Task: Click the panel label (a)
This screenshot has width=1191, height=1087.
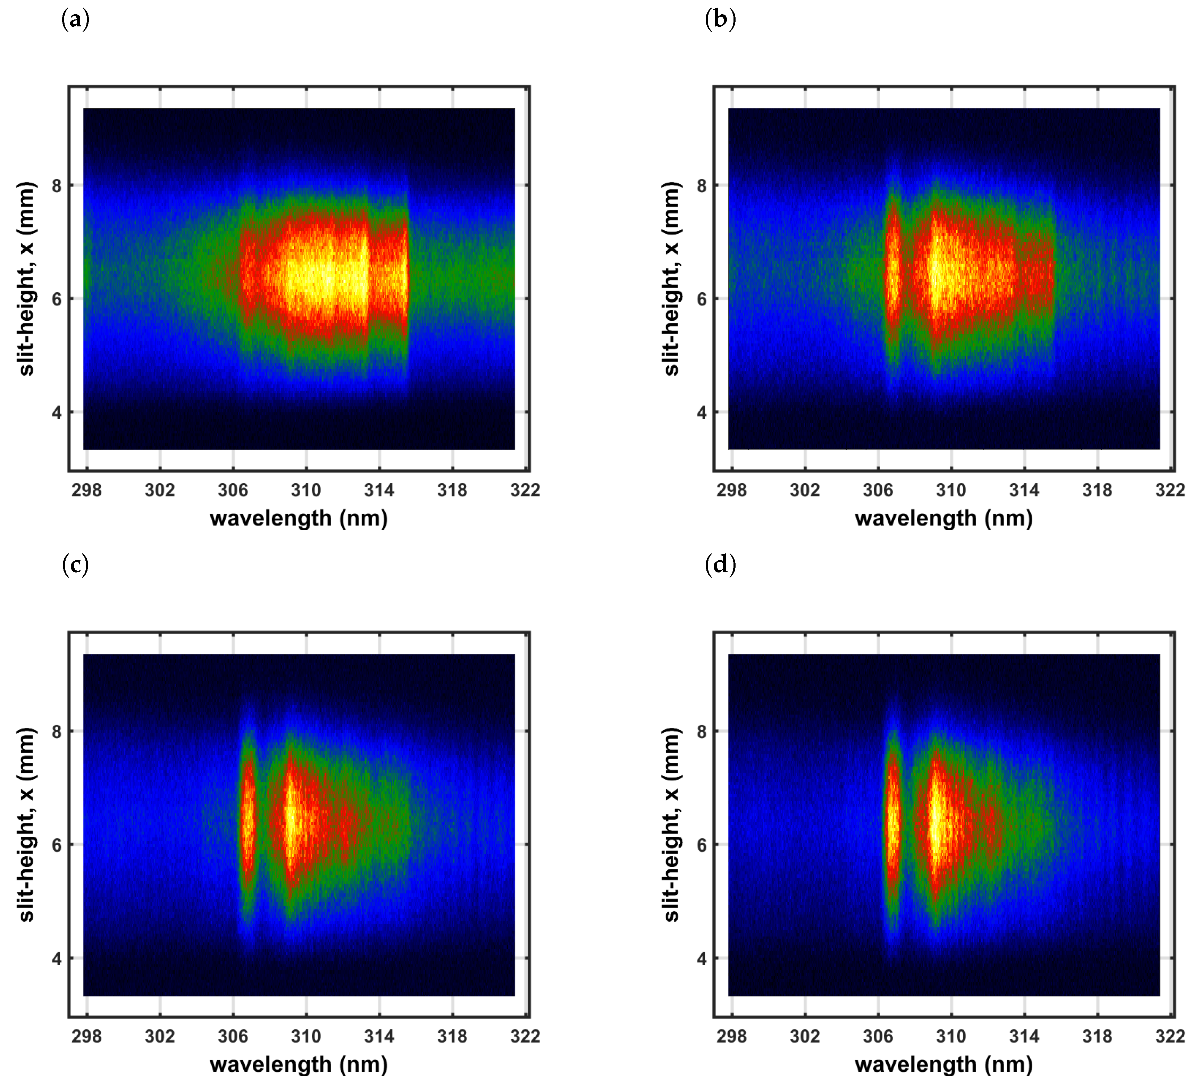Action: click(x=76, y=19)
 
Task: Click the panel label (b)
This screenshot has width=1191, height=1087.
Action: click(x=720, y=19)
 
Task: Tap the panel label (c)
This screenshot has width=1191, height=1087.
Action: click(x=76, y=565)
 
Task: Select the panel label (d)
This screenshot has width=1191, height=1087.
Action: click(x=720, y=565)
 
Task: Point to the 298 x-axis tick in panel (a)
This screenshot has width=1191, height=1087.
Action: click(x=87, y=490)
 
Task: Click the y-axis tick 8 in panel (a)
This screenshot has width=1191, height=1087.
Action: click(x=57, y=185)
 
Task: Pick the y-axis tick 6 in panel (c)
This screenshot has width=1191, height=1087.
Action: click(x=57, y=845)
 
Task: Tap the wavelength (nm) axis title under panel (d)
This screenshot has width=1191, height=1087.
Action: click(x=943, y=1064)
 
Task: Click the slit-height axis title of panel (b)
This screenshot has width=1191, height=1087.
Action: click(x=672, y=279)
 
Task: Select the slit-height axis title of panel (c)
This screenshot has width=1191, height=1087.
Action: click(x=27, y=825)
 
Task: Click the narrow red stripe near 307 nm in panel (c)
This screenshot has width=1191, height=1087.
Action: click(x=248, y=821)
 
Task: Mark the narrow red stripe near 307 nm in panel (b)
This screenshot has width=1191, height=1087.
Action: click(x=893, y=278)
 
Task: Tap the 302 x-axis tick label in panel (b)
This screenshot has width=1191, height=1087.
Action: click(x=805, y=490)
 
